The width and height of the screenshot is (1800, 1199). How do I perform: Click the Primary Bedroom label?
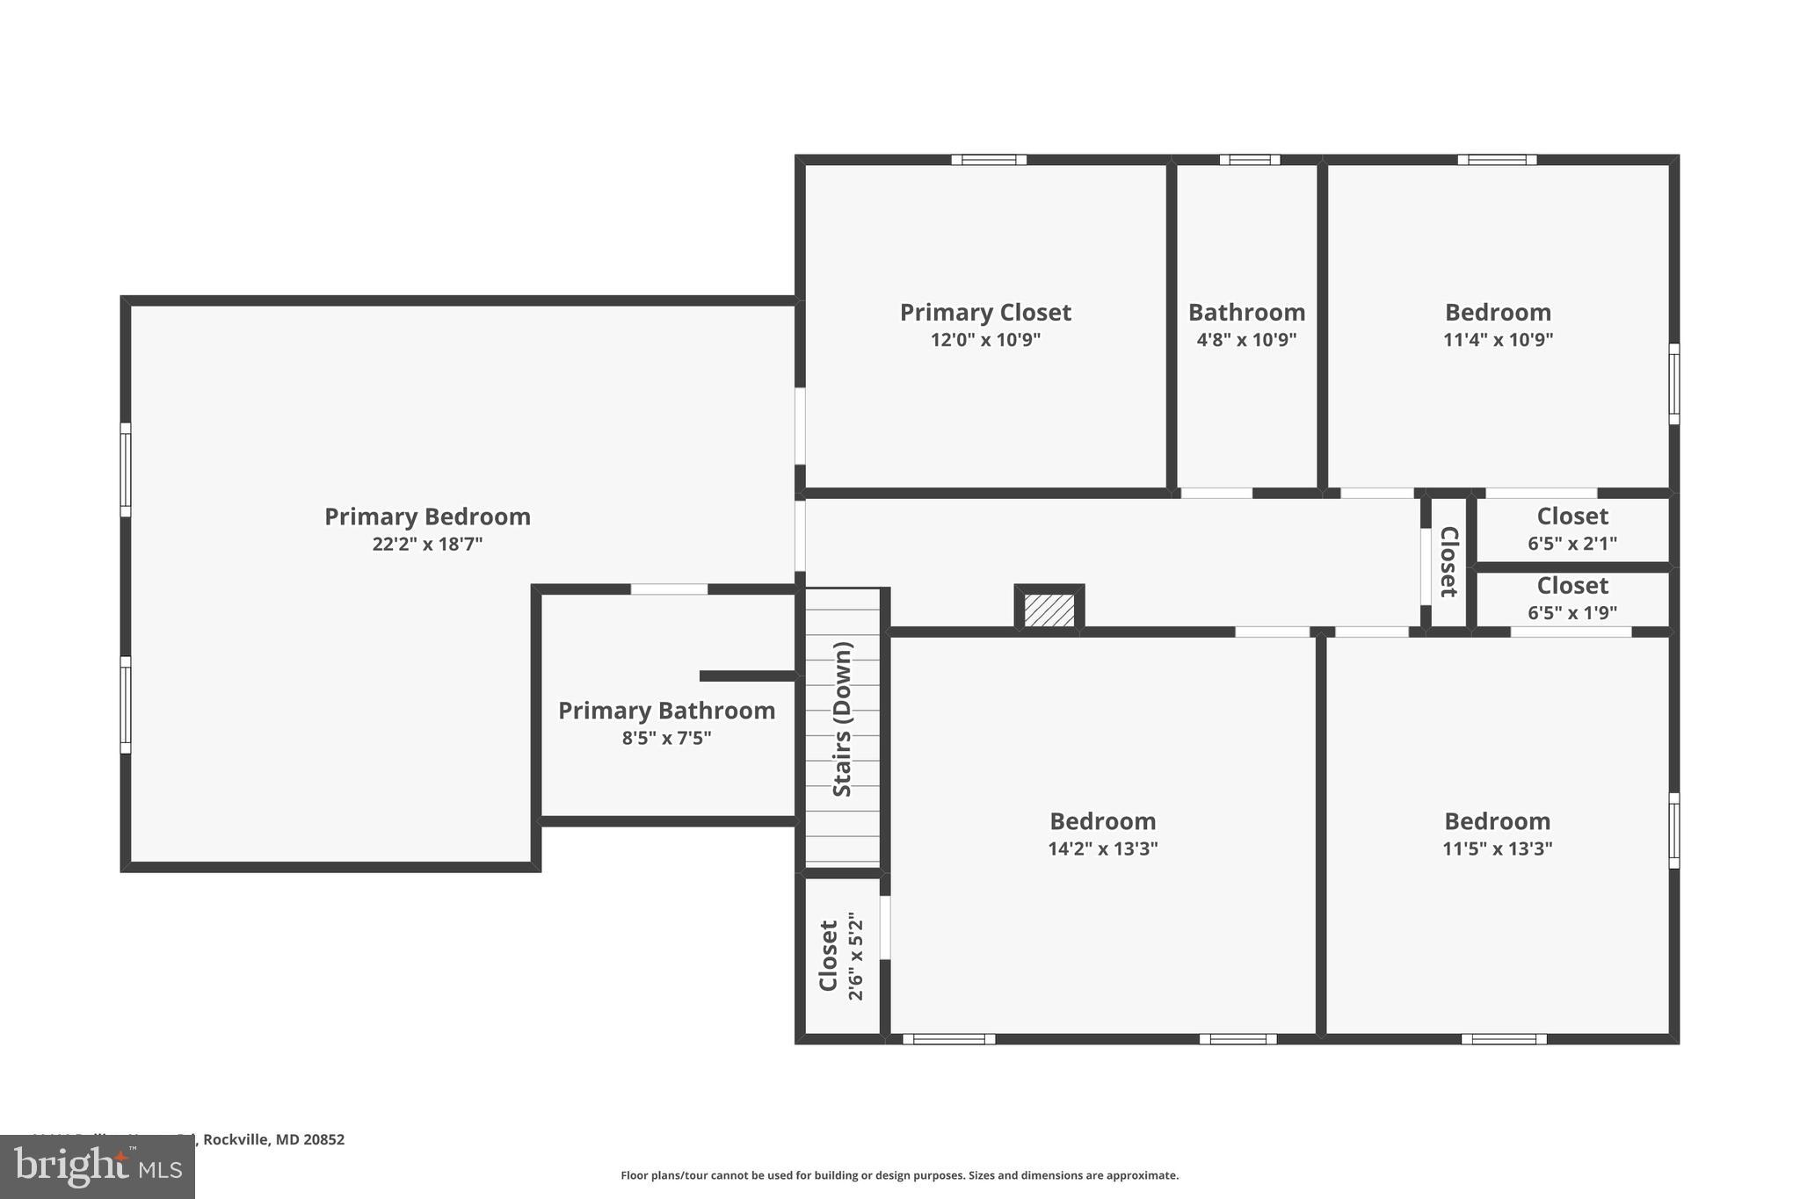[x=427, y=516]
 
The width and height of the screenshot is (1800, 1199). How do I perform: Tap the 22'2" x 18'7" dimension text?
[x=427, y=545]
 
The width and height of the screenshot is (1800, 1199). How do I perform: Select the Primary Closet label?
[x=985, y=313]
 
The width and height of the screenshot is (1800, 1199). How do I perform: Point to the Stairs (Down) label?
[x=842, y=719]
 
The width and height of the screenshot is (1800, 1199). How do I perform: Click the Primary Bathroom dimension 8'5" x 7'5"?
[x=666, y=739]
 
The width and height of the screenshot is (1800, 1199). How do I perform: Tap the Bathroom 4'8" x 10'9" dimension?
[x=1246, y=340]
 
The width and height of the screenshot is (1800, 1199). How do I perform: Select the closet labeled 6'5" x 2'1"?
[x=1571, y=530]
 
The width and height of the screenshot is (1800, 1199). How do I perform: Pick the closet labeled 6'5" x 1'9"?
[x=1571, y=599]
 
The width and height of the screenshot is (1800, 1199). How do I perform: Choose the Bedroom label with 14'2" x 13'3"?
[x=1102, y=821]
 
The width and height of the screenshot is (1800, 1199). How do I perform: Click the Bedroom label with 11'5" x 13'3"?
[x=1497, y=821]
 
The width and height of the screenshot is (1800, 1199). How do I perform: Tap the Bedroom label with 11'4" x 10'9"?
[x=1498, y=313]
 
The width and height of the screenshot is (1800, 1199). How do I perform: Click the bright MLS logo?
[x=97, y=1167]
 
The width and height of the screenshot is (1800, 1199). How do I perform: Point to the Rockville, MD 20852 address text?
[x=272, y=1139]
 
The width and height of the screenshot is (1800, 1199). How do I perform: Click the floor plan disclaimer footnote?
[x=899, y=1175]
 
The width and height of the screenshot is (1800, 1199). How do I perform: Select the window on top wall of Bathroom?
[x=1249, y=160]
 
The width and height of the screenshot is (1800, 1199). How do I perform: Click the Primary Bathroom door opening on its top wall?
[x=669, y=589]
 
